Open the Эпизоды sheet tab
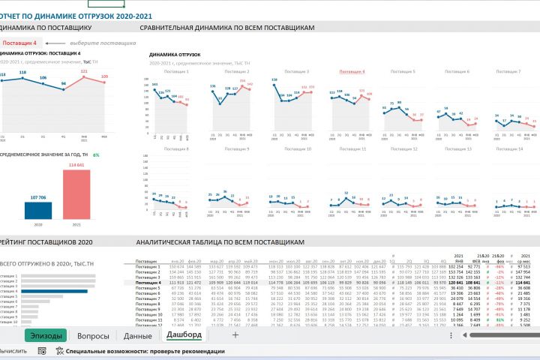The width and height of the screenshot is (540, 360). pos(46,336)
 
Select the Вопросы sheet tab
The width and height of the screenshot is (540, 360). pos(94,336)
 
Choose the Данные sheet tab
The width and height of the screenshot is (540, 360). pos(138,336)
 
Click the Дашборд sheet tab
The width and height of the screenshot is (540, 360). pos(184,334)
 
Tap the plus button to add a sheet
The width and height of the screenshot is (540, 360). pos(235,335)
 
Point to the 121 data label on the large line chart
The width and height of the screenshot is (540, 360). pos(84,71)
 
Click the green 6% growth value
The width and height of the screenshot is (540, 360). pos(96,154)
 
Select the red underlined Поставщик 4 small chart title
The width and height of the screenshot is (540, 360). pos(352,71)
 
